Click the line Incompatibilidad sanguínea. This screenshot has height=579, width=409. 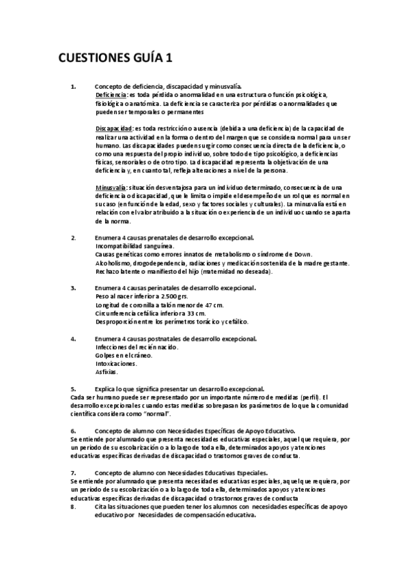point(134,246)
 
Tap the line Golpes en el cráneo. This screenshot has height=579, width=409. point(124,355)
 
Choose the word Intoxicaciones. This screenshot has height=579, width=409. point(115,364)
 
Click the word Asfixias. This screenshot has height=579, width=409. point(107,372)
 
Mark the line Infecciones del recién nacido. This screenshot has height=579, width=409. point(137,347)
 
